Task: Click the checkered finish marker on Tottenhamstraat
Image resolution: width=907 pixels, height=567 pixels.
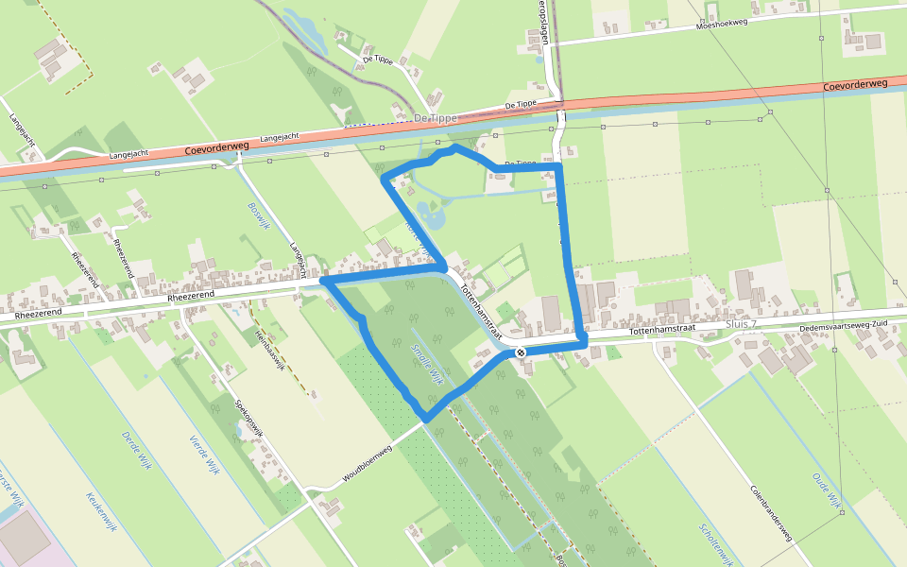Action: (x=521, y=352)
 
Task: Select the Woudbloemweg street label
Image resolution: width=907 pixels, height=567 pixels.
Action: (x=367, y=464)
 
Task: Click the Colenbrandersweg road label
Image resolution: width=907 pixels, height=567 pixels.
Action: (x=771, y=514)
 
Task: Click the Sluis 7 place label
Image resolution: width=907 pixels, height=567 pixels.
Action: (x=741, y=324)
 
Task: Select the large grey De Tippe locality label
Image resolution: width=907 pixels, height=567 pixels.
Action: (x=435, y=117)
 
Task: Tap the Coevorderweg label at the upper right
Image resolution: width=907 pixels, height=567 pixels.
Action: (x=855, y=85)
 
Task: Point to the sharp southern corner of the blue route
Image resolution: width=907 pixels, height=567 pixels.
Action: (x=426, y=419)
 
